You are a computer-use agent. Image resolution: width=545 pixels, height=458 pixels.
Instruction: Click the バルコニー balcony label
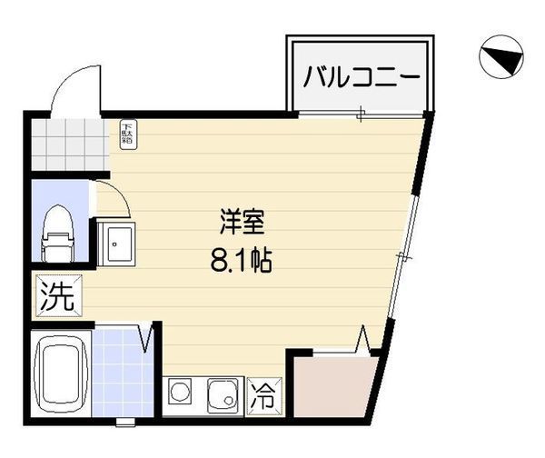pos(361,76)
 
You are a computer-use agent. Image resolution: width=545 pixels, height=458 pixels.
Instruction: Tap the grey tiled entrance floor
pos(69,143)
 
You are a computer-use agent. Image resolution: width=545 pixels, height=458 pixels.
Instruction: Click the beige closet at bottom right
pos(332,386)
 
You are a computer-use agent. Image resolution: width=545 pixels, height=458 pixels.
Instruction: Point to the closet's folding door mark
pos(363,343)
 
